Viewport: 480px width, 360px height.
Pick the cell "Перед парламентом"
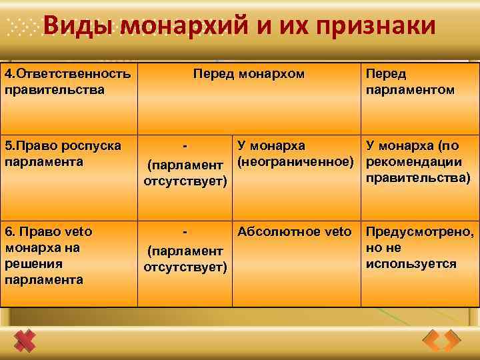[410, 81]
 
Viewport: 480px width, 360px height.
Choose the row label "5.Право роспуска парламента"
[63, 153]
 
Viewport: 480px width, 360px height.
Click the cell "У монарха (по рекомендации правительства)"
[418, 161]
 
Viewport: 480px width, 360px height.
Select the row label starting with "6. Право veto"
[51, 255]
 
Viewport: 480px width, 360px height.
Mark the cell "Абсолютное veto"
[294, 232]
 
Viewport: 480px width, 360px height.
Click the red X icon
[26, 341]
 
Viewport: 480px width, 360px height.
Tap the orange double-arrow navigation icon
[442, 340]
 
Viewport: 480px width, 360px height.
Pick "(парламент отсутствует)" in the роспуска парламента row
[185, 173]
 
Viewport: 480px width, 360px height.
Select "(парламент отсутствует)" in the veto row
[185, 259]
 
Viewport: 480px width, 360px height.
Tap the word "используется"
[411, 264]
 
